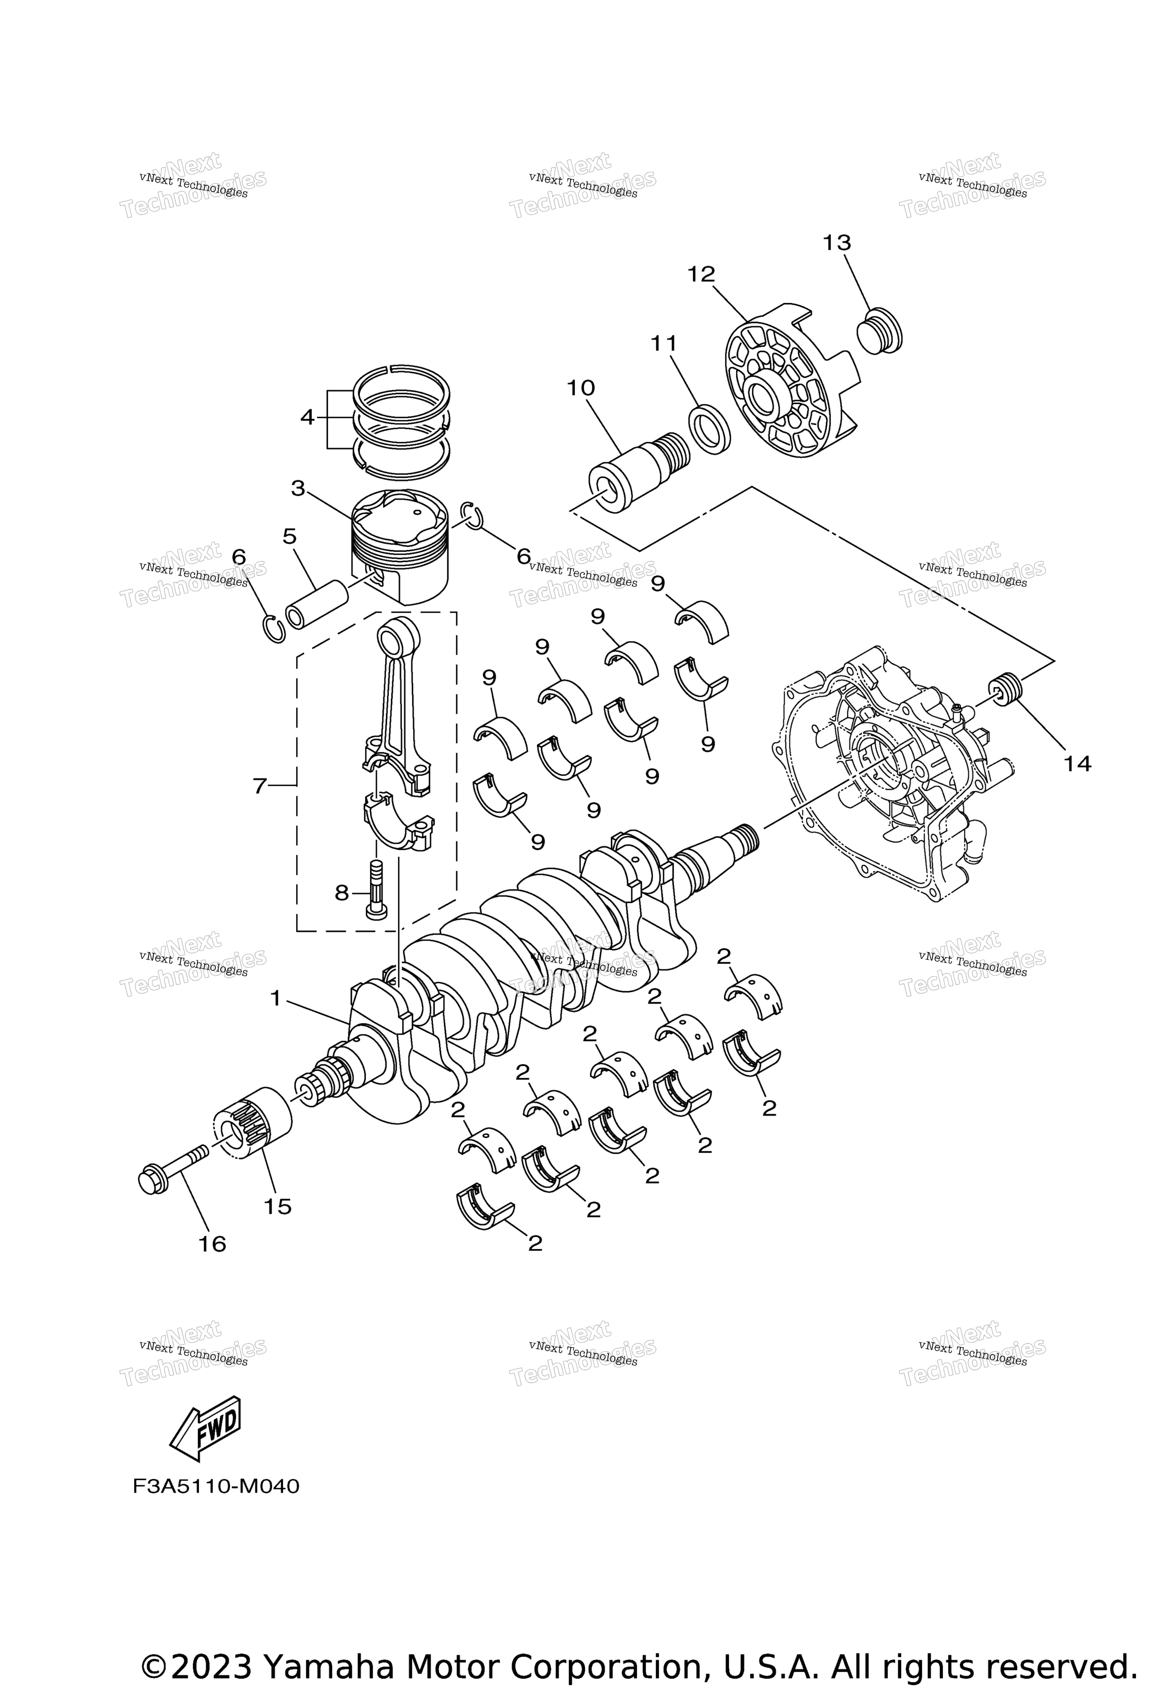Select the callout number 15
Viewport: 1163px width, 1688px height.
pyautogui.click(x=277, y=1207)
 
